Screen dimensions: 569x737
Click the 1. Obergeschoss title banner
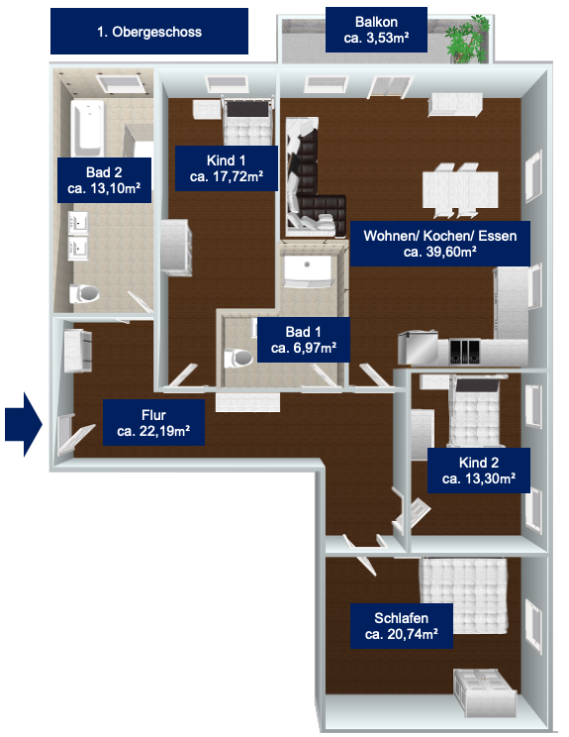click(149, 31)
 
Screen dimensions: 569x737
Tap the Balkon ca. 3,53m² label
click(376, 29)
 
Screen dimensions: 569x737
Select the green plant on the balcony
click(468, 39)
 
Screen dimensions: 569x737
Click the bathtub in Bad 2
click(87, 128)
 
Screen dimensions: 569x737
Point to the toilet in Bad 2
click(84, 294)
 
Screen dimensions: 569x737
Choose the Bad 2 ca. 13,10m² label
click(104, 180)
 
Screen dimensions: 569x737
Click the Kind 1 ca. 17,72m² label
click(227, 168)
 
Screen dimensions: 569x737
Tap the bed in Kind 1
click(247, 121)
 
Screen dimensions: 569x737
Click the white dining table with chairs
click(459, 190)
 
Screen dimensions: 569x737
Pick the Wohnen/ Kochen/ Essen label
click(440, 244)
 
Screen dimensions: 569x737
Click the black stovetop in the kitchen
click(464, 351)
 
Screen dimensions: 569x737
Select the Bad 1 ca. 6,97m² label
click(303, 340)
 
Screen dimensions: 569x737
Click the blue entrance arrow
click(24, 424)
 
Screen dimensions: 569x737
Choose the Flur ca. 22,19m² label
click(153, 423)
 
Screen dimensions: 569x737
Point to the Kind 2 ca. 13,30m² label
click(478, 470)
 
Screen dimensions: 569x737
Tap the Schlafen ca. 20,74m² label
click(402, 626)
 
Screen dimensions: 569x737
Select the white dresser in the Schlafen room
click(484, 692)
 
